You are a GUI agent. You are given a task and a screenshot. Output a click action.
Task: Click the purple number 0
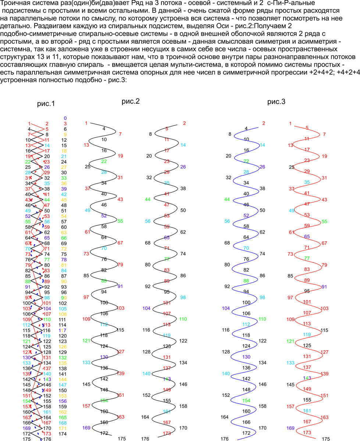(65, 118)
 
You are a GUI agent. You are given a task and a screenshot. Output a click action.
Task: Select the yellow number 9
(65, 135)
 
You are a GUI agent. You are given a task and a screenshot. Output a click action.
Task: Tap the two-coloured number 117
(63, 330)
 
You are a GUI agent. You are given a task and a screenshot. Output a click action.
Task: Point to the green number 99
(64, 298)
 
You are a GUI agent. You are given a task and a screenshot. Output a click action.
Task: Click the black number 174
(63, 434)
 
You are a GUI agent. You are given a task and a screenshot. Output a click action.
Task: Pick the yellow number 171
(63, 428)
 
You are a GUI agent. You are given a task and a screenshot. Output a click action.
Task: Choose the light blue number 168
(63, 423)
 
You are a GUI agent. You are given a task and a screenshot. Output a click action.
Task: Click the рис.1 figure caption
(46, 104)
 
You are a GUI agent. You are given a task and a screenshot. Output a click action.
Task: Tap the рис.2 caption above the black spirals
(131, 101)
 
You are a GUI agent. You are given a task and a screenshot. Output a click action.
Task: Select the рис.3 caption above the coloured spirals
(276, 102)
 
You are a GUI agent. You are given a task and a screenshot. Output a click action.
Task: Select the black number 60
(64, 227)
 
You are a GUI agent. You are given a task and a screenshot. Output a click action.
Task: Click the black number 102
(63, 303)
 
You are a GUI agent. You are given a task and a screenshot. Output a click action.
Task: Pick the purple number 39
(64, 189)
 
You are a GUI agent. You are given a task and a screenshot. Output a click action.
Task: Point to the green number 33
(64, 178)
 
